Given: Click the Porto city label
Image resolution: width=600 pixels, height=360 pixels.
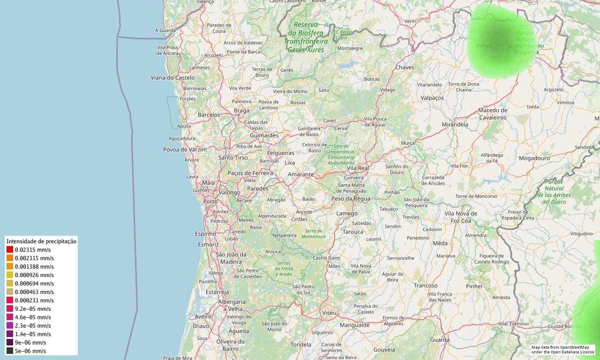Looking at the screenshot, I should click(210, 202).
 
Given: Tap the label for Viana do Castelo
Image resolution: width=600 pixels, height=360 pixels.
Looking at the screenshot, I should click(172, 77).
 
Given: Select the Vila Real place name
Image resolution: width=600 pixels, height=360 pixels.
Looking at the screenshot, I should click(358, 168).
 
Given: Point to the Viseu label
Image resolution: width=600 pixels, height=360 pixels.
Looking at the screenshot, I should click(329, 312).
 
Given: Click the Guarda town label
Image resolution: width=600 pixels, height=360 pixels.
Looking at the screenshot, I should click(440, 340).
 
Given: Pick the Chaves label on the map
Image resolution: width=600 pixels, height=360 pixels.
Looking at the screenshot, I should click(405, 67).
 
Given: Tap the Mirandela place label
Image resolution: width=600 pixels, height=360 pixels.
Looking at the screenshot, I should click(455, 125).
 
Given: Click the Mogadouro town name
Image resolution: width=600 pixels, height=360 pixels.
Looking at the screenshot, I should click(534, 158).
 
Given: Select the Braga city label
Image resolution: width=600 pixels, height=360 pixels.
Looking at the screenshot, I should click(241, 111).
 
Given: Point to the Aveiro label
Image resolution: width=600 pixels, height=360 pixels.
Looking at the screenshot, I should click(203, 317).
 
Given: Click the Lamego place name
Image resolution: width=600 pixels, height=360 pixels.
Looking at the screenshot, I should click(347, 214).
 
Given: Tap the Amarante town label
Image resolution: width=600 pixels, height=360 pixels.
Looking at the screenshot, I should click(300, 174).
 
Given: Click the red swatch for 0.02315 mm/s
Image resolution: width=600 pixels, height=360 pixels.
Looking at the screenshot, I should click(10, 250).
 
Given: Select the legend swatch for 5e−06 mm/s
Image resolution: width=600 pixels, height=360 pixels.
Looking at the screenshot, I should click(10, 351).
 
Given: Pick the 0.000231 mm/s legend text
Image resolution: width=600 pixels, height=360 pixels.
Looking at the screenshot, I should click(34, 300).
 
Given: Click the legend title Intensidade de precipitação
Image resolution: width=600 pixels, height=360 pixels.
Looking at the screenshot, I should click(41, 241).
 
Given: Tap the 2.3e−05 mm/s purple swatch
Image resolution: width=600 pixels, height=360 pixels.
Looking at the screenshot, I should click(10, 325).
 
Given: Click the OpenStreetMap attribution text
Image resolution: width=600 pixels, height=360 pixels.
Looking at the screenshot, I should click(562, 349).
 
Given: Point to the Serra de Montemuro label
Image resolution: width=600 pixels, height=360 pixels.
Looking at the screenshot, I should click(314, 234).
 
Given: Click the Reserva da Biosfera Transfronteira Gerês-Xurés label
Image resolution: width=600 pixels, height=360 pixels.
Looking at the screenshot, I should click(306, 37).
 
